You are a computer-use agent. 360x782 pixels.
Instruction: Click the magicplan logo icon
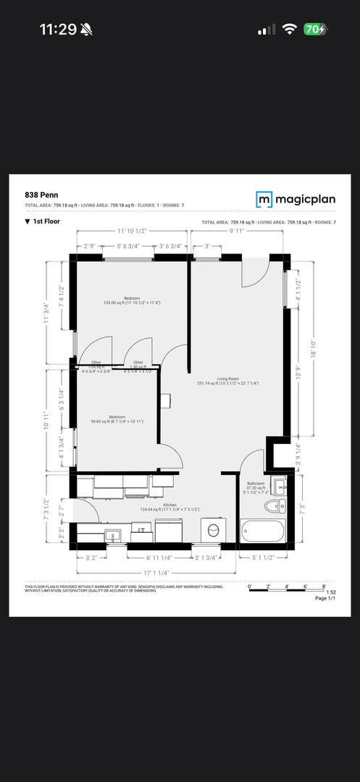pyautogui.click(x=264, y=199)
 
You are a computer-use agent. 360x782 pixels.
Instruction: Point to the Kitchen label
pyautogui.click(x=169, y=505)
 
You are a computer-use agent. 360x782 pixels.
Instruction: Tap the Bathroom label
pyautogui.click(x=256, y=484)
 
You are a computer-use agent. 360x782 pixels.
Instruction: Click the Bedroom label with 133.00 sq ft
pyautogui.click(x=132, y=298)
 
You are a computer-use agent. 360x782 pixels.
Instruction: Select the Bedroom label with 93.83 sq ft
pyautogui.click(x=117, y=418)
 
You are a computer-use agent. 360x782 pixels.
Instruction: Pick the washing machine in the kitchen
pyautogui.click(x=213, y=530)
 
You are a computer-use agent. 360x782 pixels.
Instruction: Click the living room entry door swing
pyautogui.click(x=255, y=273)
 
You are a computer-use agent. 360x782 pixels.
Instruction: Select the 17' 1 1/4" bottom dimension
pyautogui.click(x=156, y=573)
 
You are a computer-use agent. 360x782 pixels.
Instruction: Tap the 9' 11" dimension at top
pyautogui.click(x=237, y=232)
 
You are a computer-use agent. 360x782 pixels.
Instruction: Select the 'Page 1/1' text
pyautogui.click(x=325, y=598)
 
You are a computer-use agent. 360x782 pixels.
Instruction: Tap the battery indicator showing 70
pyautogui.click(x=315, y=29)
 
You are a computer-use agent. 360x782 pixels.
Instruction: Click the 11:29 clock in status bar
pyautogui.click(x=58, y=29)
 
